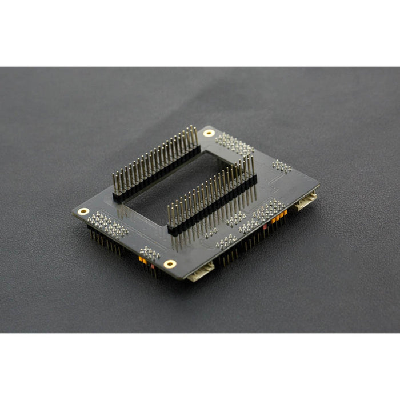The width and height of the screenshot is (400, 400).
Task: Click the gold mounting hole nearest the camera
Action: point(170,263)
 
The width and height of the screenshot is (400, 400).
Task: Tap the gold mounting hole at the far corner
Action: point(209,133)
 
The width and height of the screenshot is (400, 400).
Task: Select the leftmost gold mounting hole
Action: point(83,211)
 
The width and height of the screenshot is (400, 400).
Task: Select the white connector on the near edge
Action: point(201,272)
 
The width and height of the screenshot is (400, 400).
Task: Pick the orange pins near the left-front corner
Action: point(143,260)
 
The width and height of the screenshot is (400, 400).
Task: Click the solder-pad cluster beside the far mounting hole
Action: point(234,144)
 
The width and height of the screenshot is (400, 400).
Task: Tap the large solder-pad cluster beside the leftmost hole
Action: point(108,225)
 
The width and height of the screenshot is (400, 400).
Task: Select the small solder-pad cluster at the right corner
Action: point(281,166)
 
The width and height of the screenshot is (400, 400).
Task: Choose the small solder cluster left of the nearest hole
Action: point(149,251)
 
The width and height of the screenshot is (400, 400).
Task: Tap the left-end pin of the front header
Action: point(170,216)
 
